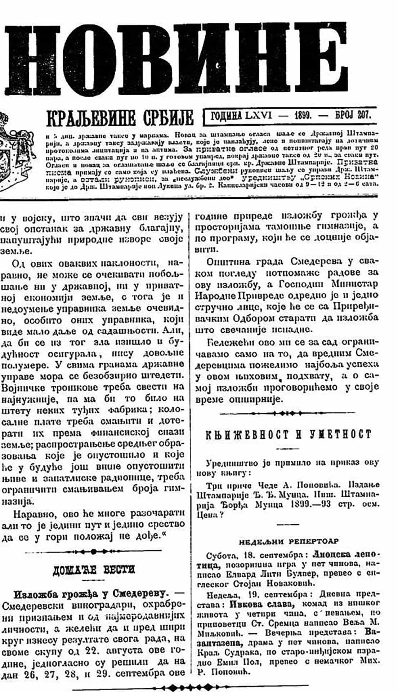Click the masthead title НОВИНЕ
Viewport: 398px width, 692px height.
176,59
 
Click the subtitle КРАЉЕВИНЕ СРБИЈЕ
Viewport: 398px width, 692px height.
120,118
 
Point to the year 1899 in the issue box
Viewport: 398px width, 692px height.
303,115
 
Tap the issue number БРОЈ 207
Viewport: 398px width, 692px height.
353,115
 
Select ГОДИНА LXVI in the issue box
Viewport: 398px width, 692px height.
241,115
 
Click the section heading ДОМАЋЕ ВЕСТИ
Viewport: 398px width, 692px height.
94,570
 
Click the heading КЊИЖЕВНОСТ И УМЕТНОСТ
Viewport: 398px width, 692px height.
288,435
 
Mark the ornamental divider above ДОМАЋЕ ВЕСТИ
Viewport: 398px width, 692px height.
94,551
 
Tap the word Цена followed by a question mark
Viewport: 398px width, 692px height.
208,515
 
